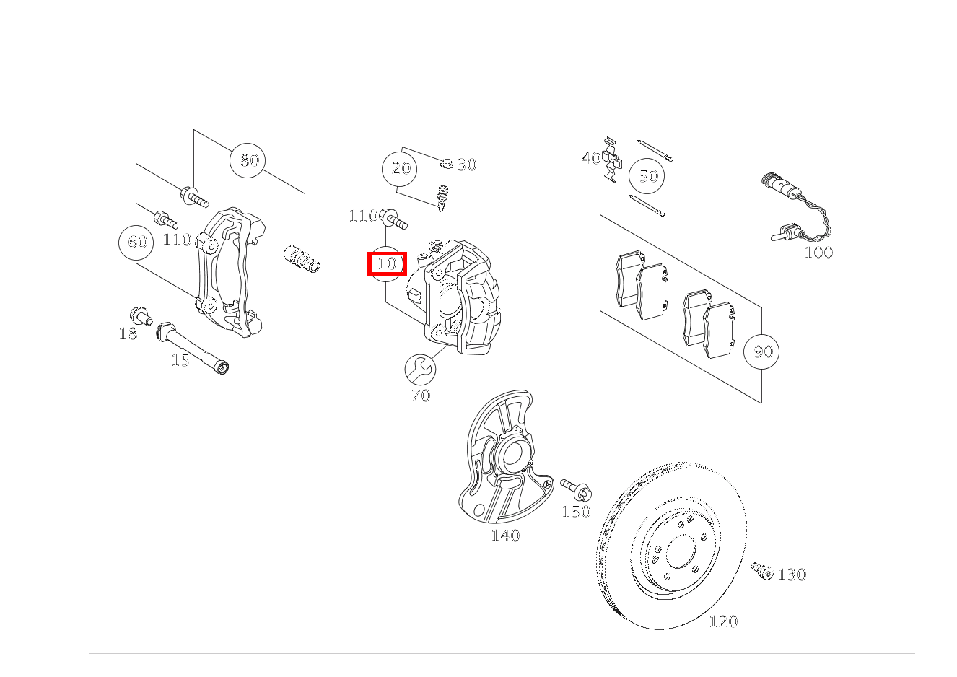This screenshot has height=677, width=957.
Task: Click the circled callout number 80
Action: [x=248, y=160]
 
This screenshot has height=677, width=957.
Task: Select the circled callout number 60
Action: [x=137, y=242]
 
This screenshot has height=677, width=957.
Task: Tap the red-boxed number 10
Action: [x=388, y=264]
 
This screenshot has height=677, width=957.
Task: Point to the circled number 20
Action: [x=401, y=169]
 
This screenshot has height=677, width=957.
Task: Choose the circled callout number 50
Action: [x=647, y=176]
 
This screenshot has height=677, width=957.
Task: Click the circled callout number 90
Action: [x=762, y=351]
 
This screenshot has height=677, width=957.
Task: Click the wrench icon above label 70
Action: [x=419, y=370]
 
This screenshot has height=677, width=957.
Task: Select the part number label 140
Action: [x=504, y=536]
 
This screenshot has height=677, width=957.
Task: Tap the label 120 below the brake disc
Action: [x=723, y=621]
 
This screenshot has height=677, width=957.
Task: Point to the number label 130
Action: [x=792, y=575]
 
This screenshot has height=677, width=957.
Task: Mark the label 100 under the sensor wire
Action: [x=818, y=253]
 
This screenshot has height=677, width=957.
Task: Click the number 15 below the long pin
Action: [x=180, y=360]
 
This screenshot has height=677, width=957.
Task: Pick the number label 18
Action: [x=128, y=333]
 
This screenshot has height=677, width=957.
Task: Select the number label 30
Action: [x=467, y=165]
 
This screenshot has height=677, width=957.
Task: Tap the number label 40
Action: [x=590, y=158]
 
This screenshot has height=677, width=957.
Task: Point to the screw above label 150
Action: [x=576, y=489]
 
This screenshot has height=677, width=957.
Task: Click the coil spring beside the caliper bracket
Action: [x=302, y=259]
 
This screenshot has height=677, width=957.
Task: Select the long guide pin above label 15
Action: [x=192, y=346]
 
